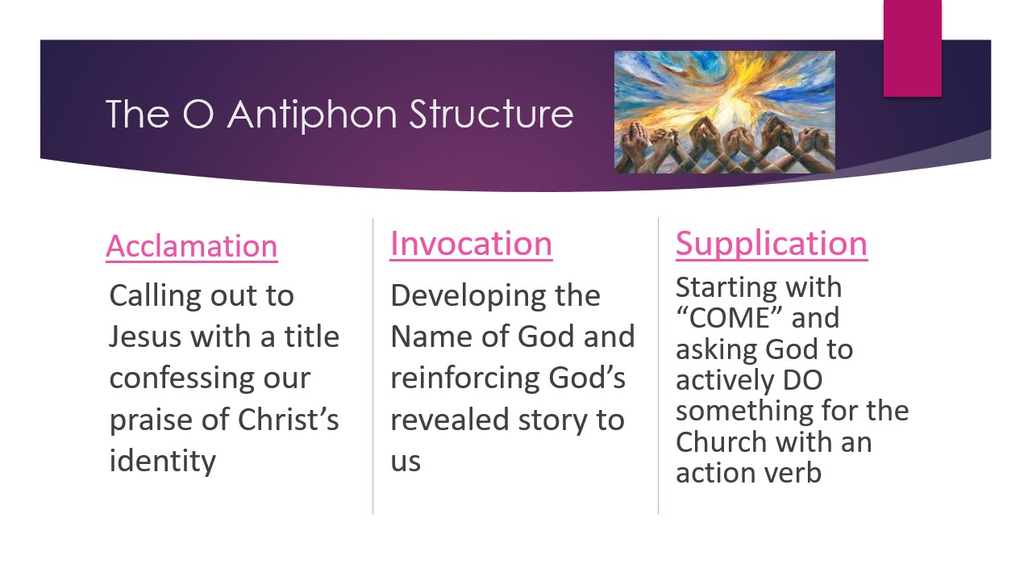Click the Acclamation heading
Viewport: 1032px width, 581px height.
coord(191,246)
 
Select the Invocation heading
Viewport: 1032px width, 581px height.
coord(471,244)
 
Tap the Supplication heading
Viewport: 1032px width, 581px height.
coord(771,244)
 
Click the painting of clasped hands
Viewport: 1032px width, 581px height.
coord(724,112)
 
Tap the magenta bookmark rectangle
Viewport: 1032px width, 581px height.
coord(912,48)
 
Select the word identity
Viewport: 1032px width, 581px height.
coord(162,461)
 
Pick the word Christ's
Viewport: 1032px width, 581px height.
coord(289,420)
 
